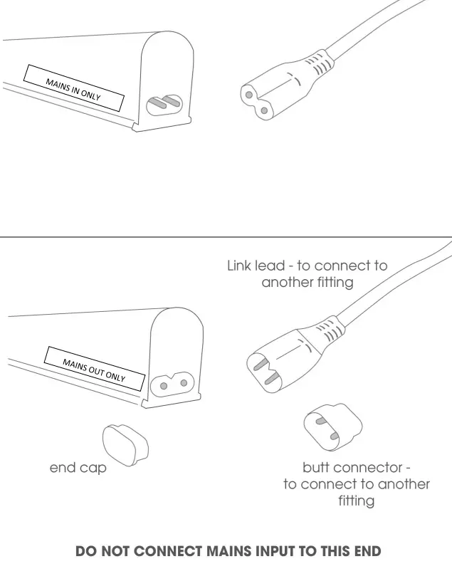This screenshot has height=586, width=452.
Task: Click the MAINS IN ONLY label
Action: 74,89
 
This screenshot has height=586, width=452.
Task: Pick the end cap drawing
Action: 125,445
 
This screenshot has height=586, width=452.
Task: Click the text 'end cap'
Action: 78,469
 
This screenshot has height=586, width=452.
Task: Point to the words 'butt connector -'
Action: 356,468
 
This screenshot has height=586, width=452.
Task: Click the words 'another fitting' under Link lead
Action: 307,283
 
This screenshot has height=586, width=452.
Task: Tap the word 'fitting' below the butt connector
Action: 356,501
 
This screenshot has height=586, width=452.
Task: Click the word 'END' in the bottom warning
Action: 367,552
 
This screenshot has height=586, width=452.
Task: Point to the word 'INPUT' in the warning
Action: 275,552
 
